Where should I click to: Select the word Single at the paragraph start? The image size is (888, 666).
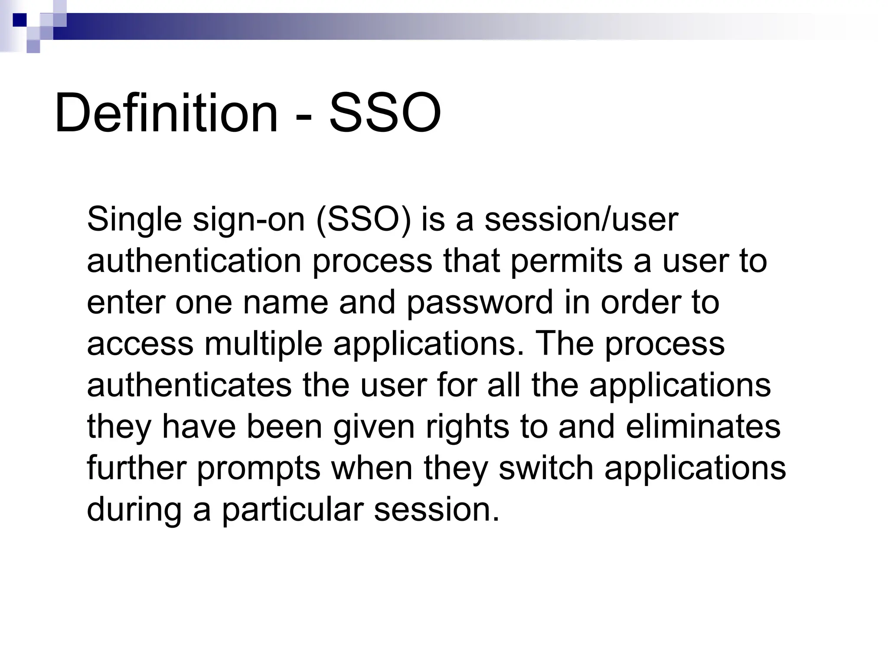(x=134, y=220)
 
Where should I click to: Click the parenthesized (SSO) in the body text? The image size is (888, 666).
(x=363, y=220)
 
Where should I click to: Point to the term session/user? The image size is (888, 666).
(x=581, y=220)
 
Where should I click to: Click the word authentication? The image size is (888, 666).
(x=194, y=261)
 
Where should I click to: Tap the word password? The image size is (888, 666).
(x=480, y=303)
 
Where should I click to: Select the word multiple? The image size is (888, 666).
(x=263, y=344)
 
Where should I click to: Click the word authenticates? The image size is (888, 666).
(x=189, y=385)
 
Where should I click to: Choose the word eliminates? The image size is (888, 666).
(x=703, y=427)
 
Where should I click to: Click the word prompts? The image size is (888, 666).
(x=258, y=468)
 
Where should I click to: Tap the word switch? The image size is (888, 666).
(x=545, y=468)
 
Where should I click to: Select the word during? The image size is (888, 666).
(x=134, y=509)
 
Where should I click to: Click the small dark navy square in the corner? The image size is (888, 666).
(x=20, y=20)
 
